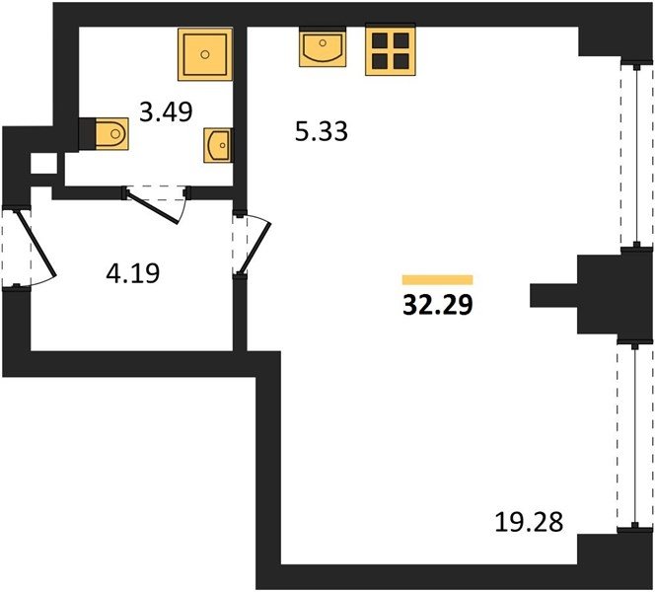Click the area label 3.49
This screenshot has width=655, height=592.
pyautogui.click(x=166, y=111)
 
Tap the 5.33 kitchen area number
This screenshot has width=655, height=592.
pyautogui.click(x=322, y=131)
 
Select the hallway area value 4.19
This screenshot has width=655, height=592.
pyautogui.click(x=133, y=273)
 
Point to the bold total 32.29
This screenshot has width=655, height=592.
pyautogui.click(x=438, y=305)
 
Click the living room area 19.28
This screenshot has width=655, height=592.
pyautogui.click(x=529, y=522)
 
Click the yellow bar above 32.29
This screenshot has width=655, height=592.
pyautogui.click(x=437, y=280)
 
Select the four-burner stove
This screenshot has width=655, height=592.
pyautogui.click(x=391, y=50)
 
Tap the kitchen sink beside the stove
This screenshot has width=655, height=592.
pyautogui.click(x=323, y=47)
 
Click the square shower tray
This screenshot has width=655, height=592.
pyautogui.click(x=205, y=54)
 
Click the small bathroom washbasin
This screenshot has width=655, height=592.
pyautogui.click(x=218, y=145)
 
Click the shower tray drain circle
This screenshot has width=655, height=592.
pyautogui.click(x=205, y=54)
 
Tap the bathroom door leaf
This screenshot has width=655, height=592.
pyautogui.click(x=153, y=207)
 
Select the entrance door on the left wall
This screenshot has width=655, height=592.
pyautogui.click(x=36, y=244)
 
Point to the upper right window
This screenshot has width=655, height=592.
pyautogui.click(x=636, y=154)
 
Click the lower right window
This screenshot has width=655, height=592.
pyautogui.click(x=635, y=436)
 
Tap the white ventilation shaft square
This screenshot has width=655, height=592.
pyautogui.click(x=43, y=164)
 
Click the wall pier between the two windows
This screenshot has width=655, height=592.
pyautogui.click(x=614, y=295)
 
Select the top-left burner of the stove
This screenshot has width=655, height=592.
pyautogui.click(x=380, y=40)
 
